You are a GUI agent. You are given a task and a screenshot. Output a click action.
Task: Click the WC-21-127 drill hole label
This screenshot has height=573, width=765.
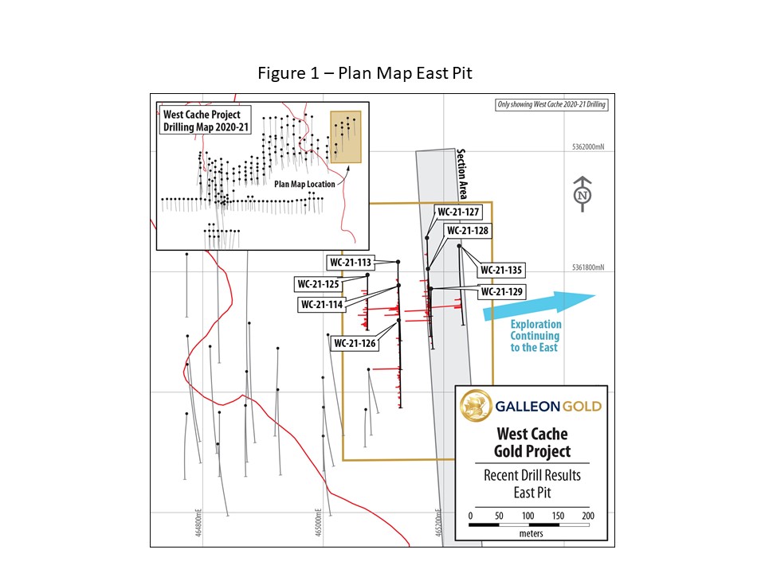point(457,212)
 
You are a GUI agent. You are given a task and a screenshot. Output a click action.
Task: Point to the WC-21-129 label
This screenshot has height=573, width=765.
point(501,292)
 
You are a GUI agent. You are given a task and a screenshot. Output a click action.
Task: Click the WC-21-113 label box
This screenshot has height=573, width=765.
point(351,262)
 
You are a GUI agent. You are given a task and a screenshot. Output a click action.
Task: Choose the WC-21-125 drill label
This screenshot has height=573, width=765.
point(318,283)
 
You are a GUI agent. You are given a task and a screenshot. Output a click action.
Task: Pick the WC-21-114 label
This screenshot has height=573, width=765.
point(322,304)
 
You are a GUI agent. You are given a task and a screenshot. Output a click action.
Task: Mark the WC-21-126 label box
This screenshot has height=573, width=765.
point(355,343)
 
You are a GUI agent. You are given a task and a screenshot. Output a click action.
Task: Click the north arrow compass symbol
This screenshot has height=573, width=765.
point(583,194)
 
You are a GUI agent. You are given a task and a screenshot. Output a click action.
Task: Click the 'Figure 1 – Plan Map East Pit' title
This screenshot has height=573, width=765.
point(365,73)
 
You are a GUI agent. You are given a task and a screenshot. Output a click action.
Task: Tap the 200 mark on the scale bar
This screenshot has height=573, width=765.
point(588,516)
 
